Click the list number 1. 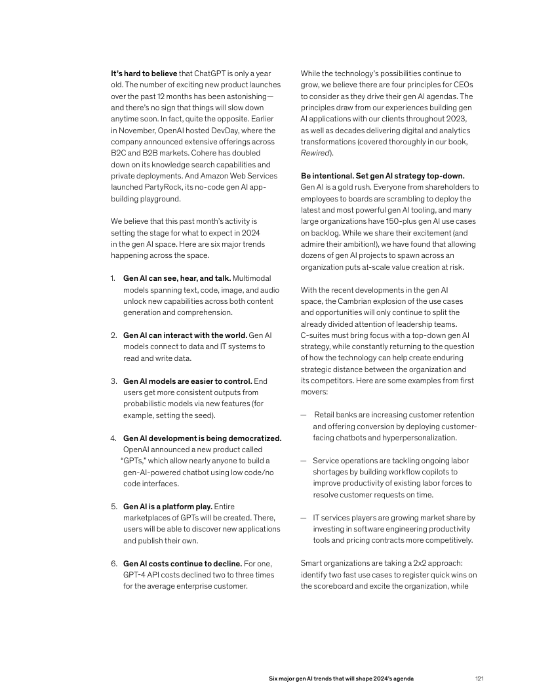[113, 278]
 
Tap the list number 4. [113, 438]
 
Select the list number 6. [113, 563]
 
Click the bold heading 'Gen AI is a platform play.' [167, 506]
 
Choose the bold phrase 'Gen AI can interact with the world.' [185, 335]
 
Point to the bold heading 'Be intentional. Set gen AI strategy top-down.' [382, 176]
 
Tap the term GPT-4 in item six [135, 574]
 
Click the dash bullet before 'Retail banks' [304, 415]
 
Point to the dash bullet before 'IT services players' [304, 517]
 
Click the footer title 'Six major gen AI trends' [342, 678]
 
